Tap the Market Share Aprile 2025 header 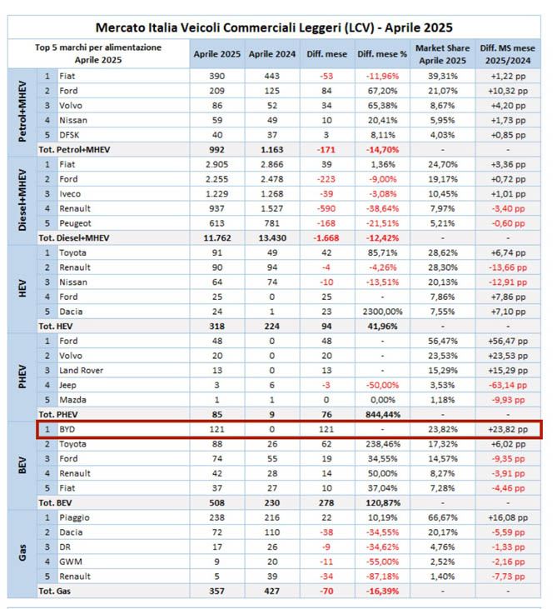click(x=443, y=53)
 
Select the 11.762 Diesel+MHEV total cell click(x=216, y=238)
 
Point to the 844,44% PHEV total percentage click(x=382, y=414)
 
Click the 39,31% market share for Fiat click(x=443, y=76)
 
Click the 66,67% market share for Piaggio click(x=443, y=517)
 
